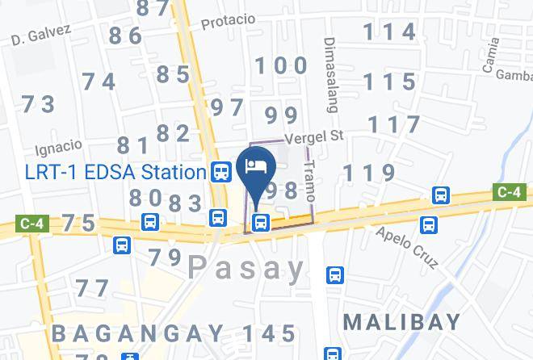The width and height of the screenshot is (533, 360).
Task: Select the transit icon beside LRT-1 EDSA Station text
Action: click(x=219, y=171)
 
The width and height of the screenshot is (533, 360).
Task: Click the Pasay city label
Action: click(x=247, y=267)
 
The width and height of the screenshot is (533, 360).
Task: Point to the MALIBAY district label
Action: click(x=402, y=321)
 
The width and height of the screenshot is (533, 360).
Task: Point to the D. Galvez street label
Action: click(x=42, y=34)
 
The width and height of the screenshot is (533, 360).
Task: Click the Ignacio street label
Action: click(x=59, y=149)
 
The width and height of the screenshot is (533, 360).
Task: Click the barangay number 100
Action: click(x=281, y=65)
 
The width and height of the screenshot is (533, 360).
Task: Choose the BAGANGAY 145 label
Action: click(x=174, y=332)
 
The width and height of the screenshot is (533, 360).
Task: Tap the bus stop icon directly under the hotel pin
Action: click(x=260, y=223)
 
